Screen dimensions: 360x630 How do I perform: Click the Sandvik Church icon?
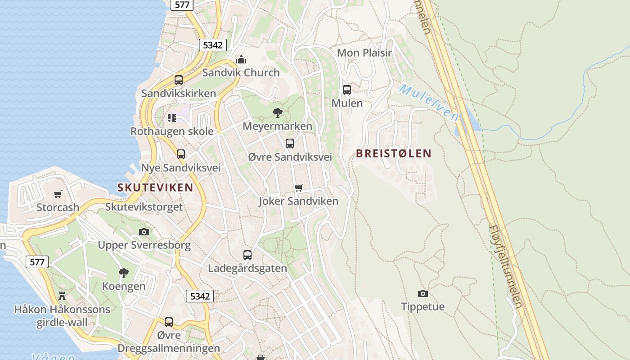[x=241, y=59]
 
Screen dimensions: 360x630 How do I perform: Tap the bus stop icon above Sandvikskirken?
[x=179, y=80]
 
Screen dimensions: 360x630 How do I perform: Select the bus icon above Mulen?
[x=346, y=90]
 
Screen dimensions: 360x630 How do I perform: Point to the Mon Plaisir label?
[x=364, y=53]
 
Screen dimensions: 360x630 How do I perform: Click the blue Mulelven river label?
[x=428, y=102]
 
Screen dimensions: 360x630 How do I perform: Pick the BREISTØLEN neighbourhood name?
[x=393, y=153]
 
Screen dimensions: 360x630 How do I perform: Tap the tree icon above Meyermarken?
[x=278, y=112]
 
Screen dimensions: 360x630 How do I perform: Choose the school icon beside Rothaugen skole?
[x=172, y=118]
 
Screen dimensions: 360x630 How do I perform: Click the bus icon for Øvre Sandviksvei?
[x=290, y=144]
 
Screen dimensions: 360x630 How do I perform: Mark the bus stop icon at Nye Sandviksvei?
[x=181, y=154]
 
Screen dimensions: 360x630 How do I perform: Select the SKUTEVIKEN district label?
[x=155, y=188]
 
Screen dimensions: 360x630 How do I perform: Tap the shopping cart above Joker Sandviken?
[x=298, y=188]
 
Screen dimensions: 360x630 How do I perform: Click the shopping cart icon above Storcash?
[x=58, y=194]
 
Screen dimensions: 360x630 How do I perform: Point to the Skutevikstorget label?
[x=144, y=207]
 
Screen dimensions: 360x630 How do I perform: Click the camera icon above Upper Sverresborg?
[x=144, y=232]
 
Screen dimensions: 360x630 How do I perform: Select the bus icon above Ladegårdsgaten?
[x=247, y=255]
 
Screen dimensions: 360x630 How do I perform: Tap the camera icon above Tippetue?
[x=423, y=293]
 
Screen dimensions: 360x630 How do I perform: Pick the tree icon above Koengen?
[x=123, y=273]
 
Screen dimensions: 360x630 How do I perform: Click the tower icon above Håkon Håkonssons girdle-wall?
[x=62, y=296]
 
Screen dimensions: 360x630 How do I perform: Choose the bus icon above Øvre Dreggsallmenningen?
[x=169, y=322]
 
